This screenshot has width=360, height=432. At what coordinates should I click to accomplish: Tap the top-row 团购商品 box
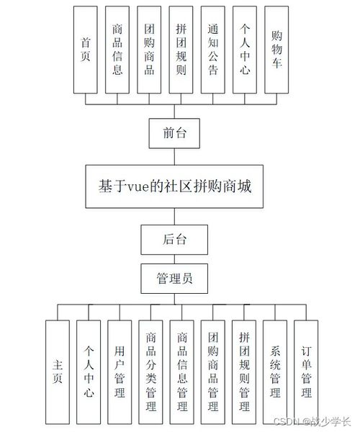pos(149,50)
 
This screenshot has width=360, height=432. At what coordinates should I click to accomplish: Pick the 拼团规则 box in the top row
pos(181,50)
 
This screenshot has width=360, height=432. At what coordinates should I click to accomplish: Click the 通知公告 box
pos(213,50)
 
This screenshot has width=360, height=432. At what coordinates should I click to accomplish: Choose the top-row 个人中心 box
pos(246,50)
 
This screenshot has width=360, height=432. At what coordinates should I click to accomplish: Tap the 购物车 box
pos(277,50)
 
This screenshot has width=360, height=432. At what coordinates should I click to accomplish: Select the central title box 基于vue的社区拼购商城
pos(178,186)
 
